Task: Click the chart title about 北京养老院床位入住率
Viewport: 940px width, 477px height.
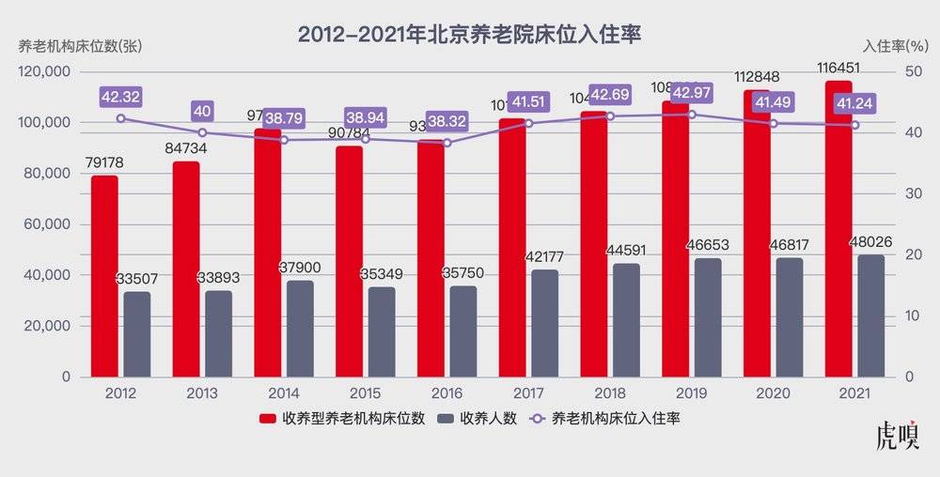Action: tap(469, 35)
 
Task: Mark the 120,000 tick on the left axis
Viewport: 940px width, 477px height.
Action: tap(44, 71)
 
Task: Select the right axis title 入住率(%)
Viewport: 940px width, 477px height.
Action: tap(892, 45)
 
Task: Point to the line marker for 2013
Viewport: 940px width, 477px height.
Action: tap(202, 132)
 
